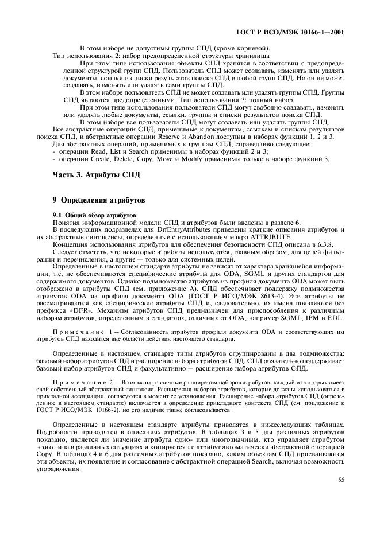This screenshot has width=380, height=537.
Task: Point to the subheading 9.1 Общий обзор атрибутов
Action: point(86,214)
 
